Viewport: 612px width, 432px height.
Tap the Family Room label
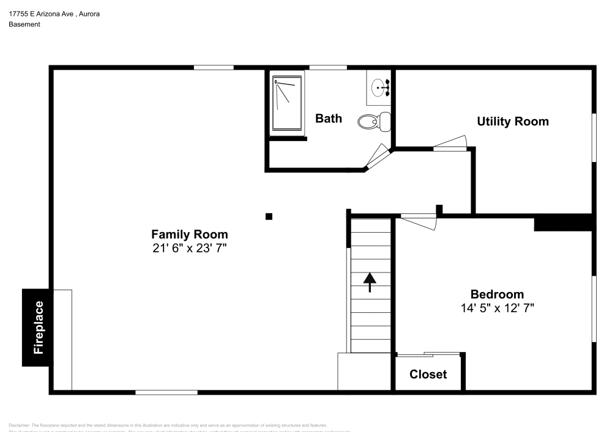coord(190,234)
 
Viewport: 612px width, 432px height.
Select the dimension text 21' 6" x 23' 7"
coord(190,247)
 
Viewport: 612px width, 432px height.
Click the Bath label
coord(329,119)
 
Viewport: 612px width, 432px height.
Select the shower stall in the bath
coord(287,103)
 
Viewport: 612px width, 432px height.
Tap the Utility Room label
coord(512,122)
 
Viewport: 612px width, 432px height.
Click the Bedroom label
coord(497,294)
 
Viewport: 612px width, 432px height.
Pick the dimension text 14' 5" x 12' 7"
coord(497,308)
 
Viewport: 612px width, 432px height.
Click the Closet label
coord(428,375)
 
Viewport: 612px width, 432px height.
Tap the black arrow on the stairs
coord(370,282)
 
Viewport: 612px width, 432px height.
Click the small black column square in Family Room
coord(269,216)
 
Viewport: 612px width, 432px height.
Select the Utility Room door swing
coord(451,144)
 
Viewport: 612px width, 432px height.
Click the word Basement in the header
coord(24,24)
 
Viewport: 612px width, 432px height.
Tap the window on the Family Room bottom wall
coord(166,392)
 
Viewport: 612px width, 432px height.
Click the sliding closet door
coord(428,354)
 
